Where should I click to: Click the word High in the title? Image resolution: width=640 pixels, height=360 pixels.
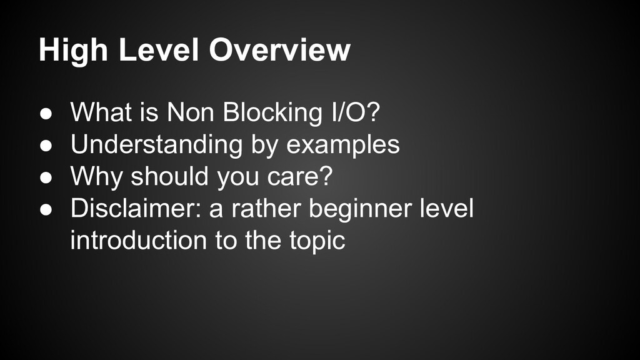(74, 51)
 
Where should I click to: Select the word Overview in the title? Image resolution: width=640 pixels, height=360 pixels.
(279, 51)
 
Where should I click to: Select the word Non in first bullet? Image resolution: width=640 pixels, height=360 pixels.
(188, 113)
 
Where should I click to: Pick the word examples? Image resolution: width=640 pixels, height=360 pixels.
(343, 145)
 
